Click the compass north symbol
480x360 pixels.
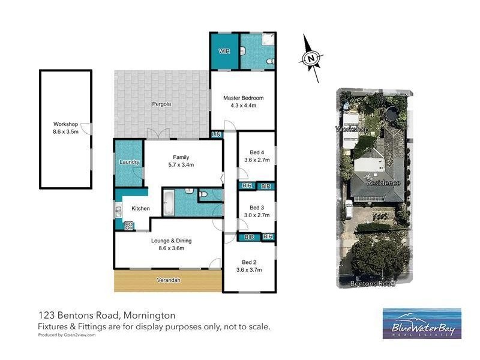310,58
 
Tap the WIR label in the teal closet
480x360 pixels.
224,52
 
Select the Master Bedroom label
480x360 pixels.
243,98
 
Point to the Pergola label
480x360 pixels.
161,104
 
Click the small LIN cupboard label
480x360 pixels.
216,135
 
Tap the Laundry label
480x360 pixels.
129,162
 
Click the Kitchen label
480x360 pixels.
140,208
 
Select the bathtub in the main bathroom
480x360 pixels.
169,202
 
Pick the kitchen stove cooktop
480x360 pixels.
128,226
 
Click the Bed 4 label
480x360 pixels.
257,152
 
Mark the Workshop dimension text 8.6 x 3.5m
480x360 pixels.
65,131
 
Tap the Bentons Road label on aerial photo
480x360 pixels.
376,284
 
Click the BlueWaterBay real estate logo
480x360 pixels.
422,325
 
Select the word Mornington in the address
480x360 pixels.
150,315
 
